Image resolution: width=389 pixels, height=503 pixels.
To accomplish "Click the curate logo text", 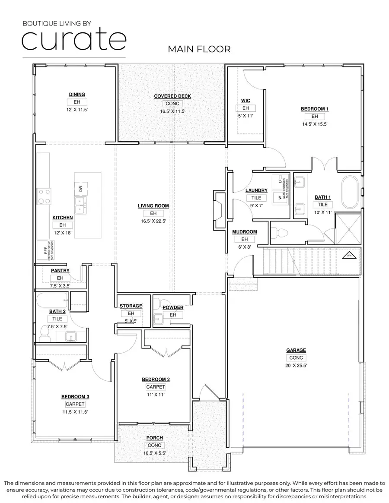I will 73,40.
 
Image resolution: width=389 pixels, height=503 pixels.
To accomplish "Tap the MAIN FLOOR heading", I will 199,49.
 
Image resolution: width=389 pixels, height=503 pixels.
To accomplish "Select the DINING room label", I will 77,95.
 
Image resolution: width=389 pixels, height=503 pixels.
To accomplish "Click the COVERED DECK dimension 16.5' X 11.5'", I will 172,111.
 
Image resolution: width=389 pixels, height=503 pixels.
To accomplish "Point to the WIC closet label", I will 246,101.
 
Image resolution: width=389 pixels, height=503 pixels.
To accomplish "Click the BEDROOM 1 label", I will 314,109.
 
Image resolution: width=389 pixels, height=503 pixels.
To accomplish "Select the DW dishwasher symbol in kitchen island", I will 80,188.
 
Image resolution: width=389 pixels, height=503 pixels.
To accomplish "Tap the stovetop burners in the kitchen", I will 44,196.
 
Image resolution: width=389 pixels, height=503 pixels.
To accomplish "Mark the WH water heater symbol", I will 349,256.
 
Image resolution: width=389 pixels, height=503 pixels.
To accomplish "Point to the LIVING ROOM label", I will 153,206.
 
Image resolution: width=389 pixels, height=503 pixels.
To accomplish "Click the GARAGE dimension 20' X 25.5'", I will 296,365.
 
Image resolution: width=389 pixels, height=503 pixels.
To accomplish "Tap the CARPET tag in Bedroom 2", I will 156,387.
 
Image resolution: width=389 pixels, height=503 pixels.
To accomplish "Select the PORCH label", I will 154,438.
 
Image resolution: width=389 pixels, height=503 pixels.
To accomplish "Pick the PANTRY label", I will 60,271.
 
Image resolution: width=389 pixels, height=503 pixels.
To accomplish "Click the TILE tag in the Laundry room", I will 256,198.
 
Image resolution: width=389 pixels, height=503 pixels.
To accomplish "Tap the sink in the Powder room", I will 158,320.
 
